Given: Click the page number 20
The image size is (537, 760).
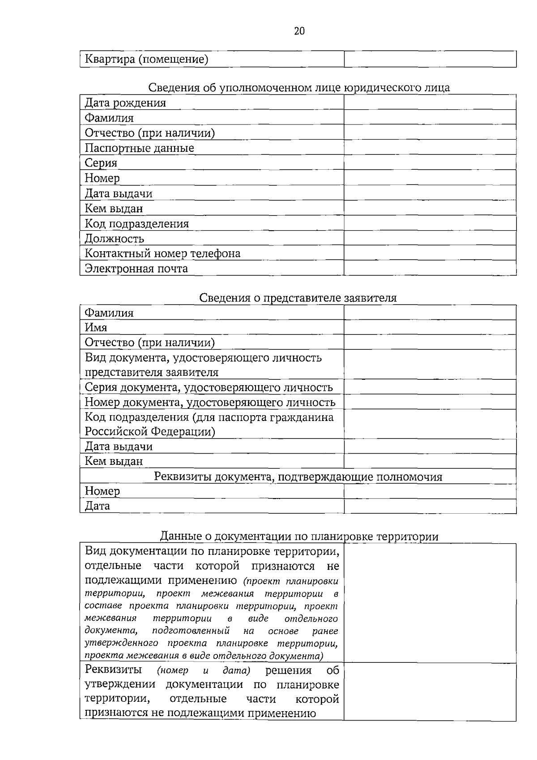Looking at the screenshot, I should point(299,31).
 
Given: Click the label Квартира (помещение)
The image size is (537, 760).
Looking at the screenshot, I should point(146,59).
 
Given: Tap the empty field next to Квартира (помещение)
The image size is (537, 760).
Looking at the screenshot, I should point(430,59).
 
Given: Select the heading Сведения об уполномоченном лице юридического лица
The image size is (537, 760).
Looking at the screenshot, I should point(298,87).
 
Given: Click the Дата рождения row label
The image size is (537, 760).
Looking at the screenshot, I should point(125,103).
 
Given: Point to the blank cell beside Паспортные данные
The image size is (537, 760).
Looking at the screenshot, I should point(430,148).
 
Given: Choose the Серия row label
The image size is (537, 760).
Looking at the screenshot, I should point(101,163).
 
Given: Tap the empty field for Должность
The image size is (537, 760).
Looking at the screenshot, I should point(430,238).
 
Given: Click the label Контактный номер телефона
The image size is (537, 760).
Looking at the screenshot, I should point(162,253).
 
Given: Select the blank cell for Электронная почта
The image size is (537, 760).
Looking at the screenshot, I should point(430,268).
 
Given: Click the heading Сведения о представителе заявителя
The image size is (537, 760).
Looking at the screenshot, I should point(298,298).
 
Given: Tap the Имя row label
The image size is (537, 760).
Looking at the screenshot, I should point(96,327).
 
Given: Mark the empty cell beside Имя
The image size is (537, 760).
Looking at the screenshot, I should point(430,327).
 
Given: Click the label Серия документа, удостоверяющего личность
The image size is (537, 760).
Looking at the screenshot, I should point(209,387).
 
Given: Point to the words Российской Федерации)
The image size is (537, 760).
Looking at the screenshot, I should point(150,432).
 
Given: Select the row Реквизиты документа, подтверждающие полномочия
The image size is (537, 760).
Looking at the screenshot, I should point(298,477).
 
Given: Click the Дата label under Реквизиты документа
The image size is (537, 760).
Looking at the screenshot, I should point(97,506).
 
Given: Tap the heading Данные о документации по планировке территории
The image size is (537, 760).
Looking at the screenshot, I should point(299,536).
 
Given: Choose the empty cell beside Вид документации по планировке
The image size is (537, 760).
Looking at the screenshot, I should point(430,603).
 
